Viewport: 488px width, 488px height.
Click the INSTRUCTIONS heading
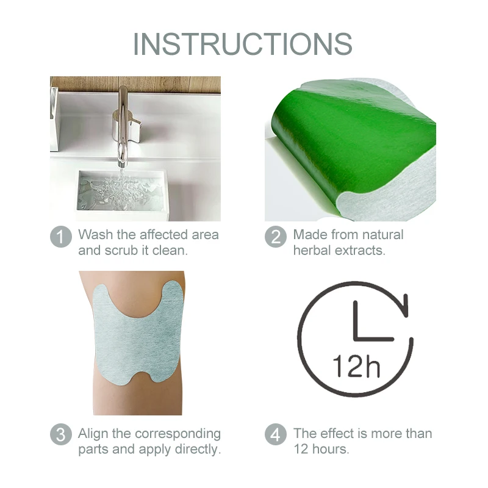point(243,43)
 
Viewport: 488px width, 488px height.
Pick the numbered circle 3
point(60,435)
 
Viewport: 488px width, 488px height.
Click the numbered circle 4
point(275,435)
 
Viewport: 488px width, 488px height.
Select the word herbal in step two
point(313,250)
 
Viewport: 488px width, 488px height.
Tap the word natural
point(379,234)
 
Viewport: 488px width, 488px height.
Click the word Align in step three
point(94,434)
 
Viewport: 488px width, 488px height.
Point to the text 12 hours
point(321,450)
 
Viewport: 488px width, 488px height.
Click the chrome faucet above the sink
point(124,122)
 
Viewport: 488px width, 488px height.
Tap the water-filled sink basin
point(121,192)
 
